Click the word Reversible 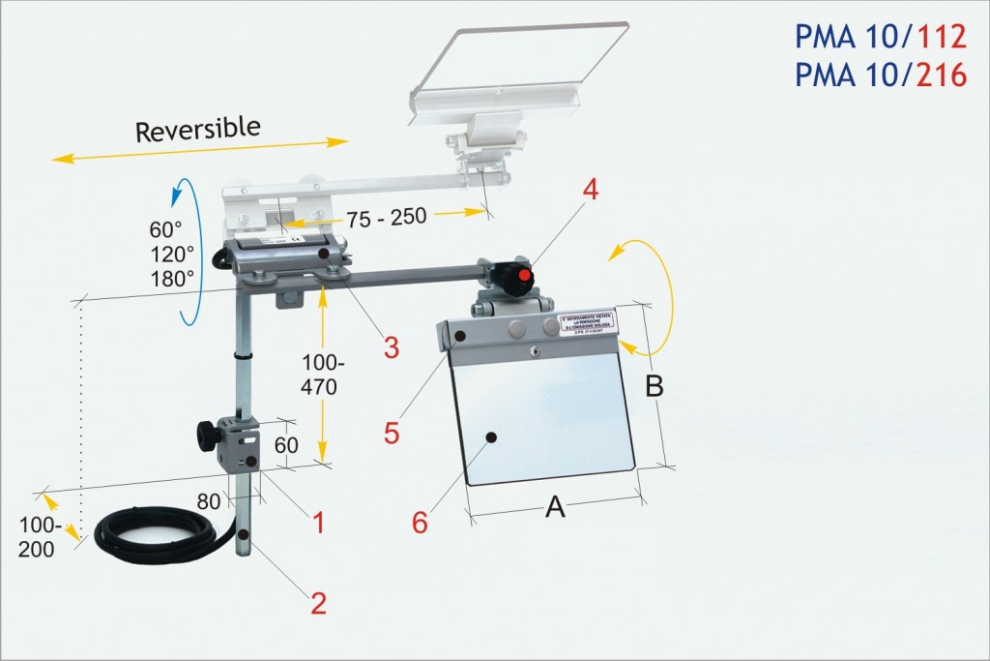(198, 129)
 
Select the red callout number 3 (391, 346)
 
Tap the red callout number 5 (391, 432)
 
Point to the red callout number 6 (420, 522)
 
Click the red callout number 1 (315, 523)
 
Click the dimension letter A (555, 505)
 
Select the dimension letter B (655, 386)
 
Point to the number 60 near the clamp (287, 445)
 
